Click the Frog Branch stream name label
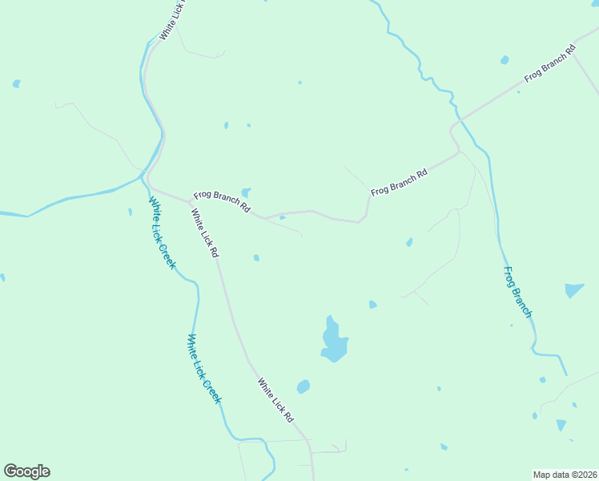click(x=517, y=292)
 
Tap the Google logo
click(x=26, y=471)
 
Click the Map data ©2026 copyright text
click(x=565, y=475)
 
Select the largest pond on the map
click(x=333, y=342)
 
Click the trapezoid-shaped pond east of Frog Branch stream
click(x=573, y=290)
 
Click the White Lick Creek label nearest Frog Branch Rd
click(x=162, y=232)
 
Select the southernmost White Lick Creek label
click(x=203, y=368)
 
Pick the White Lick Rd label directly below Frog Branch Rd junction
click(x=203, y=232)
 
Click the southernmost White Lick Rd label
click(x=275, y=401)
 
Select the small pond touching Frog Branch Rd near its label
click(x=246, y=192)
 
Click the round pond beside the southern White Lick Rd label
click(x=303, y=386)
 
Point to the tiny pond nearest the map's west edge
click(x=2, y=277)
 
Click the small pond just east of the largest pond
click(x=372, y=305)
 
